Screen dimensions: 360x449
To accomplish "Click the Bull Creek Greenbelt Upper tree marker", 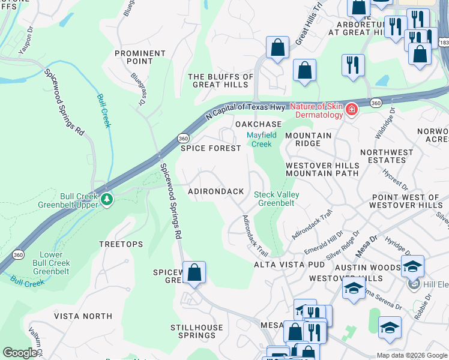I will pyautogui.click(x=107, y=199).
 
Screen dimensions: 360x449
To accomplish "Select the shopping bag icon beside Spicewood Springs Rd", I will pyautogui.click(x=194, y=273).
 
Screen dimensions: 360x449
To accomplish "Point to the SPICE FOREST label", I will pyautogui.click(x=211, y=148).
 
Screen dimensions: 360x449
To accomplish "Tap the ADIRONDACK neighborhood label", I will pyautogui.click(x=216, y=191).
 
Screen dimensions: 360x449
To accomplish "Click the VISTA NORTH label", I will pyautogui.click(x=83, y=316).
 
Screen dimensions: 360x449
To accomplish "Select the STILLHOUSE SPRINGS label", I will pyautogui.click(x=197, y=331).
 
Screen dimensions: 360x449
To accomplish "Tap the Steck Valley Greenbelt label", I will pyautogui.click(x=276, y=199).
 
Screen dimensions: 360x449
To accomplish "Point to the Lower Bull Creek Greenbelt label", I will pyautogui.click(x=51, y=263).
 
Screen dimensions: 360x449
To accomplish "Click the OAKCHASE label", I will pyautogui.click(x=258, y=124).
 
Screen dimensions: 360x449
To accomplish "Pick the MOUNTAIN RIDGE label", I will pyautogui.click(x=308, y=140).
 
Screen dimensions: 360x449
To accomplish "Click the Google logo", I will pyautogui.click(x=20, y=353).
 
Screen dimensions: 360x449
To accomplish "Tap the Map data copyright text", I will pyautogui.click(x=412, y=355).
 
